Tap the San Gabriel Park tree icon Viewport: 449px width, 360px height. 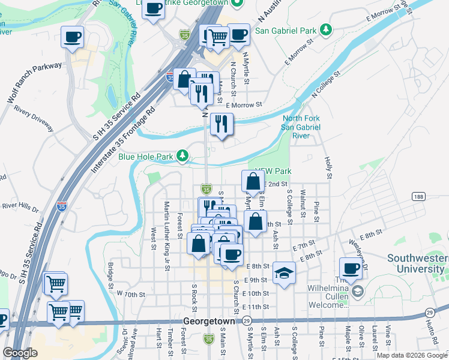(326, 29)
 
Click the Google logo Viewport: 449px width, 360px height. (20, 353)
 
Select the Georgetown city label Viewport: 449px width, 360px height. (208, 321)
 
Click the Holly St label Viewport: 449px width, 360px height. (328, 168)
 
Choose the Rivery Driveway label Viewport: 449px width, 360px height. (34, 116)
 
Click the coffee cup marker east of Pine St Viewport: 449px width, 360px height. (351, 268)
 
